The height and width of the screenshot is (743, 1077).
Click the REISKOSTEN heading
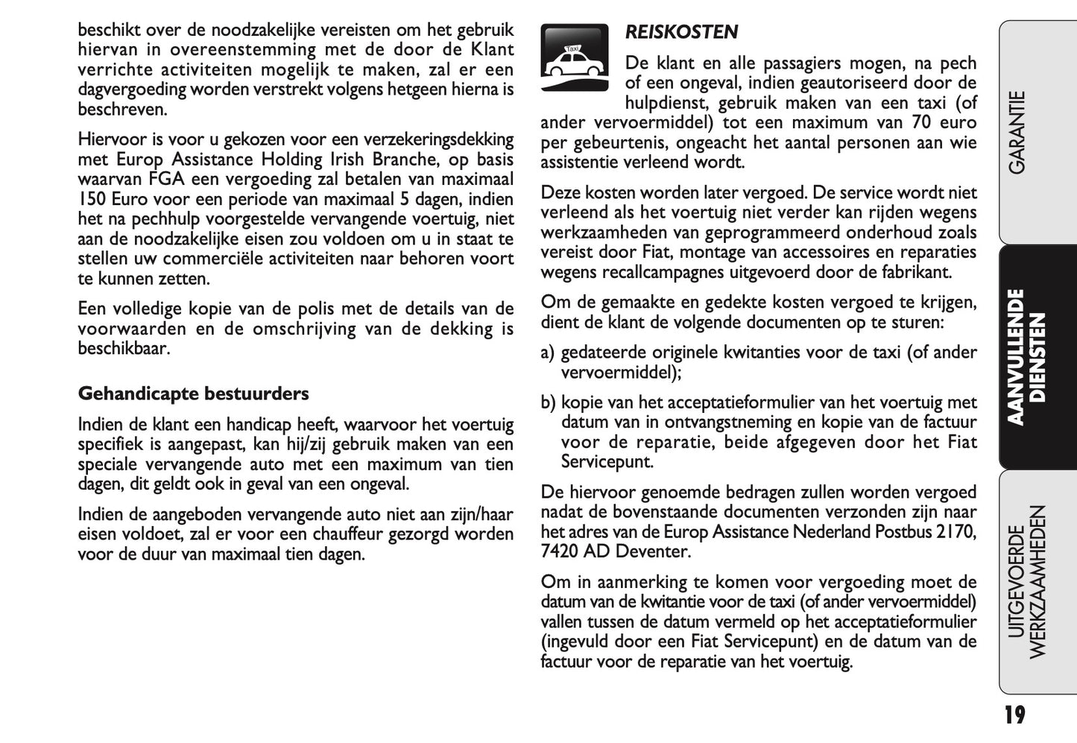click(x=681, y=32)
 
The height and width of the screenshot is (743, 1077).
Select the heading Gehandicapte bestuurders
click(x=193, y=393)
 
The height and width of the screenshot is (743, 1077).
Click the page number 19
click(x=1014, y=716)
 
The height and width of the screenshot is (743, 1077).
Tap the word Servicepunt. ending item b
click(x=607, y=461)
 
